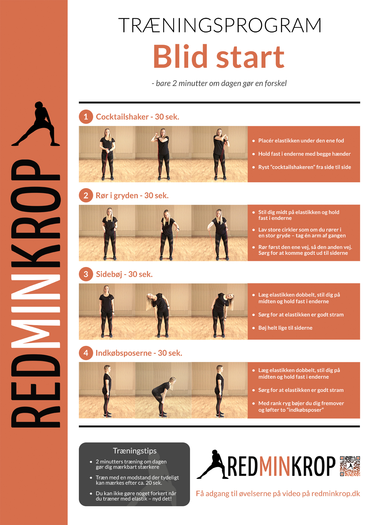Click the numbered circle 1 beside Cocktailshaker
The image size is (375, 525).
point(86,117)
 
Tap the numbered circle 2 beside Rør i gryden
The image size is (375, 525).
point(86,196)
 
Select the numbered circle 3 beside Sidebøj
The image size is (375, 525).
point(86,274)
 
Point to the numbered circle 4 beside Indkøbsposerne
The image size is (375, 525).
point(86,353)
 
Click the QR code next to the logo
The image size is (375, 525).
point(350,466)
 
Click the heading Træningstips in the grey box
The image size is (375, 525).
point(135,451)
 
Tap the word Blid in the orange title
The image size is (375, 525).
point(180,56)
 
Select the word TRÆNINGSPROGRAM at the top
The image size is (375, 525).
point(220,25)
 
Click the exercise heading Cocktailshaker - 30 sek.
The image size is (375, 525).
point(137,117)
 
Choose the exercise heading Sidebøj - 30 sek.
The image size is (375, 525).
point(124,274)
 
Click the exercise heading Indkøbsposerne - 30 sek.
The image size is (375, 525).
point(139,353)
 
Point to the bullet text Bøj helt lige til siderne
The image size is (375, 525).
point(285,328)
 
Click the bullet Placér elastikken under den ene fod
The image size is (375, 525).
point(301,141)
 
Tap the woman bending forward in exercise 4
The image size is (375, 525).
point(163,392)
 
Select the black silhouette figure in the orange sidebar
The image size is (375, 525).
point(36,124)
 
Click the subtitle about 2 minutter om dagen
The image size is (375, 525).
point(219,83)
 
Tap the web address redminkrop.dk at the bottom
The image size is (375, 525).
point(336,494)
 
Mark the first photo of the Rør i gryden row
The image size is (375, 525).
point(107,233)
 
